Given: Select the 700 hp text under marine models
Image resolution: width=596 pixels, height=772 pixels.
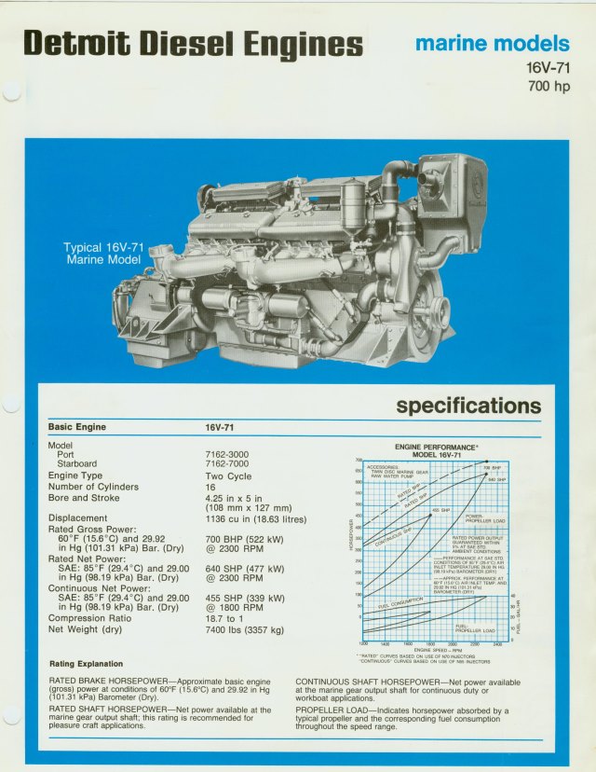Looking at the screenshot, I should pyautogui.click(x=549, y=87).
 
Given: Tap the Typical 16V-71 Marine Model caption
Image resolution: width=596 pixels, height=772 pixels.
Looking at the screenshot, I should pyautogui.click(x=102, y=254).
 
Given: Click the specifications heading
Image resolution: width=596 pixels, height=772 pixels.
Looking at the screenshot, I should pyautogui.click(x=468, y=406).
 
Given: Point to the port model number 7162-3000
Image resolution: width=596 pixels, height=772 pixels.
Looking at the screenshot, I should pyautogui.click(x=226, y=454).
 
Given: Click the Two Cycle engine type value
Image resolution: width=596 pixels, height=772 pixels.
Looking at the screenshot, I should pyautogui.click(x=228, y=476).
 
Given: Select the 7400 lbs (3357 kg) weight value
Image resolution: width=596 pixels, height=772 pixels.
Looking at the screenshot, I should pyautogui.click(x=244, y=630).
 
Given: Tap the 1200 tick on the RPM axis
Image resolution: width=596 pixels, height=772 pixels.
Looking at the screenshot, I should pyautogui.click(x=363, y=643).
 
